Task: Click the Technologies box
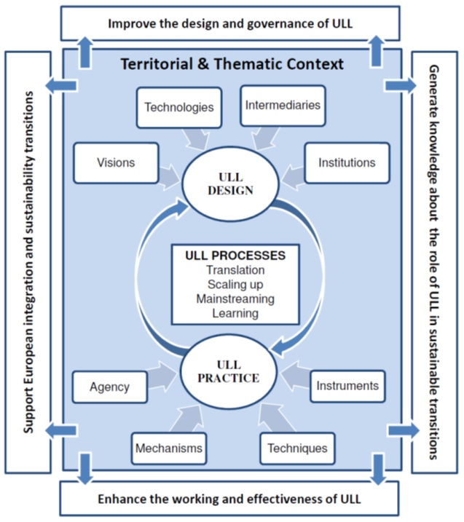(178, 107)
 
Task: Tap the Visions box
(117, 162)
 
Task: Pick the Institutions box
(347, 162)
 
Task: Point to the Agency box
(110, 387)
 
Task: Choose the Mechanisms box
(168, 448)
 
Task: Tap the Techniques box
(297, 448)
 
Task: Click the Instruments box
(347, 386)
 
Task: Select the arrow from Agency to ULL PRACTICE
(163, 378)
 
